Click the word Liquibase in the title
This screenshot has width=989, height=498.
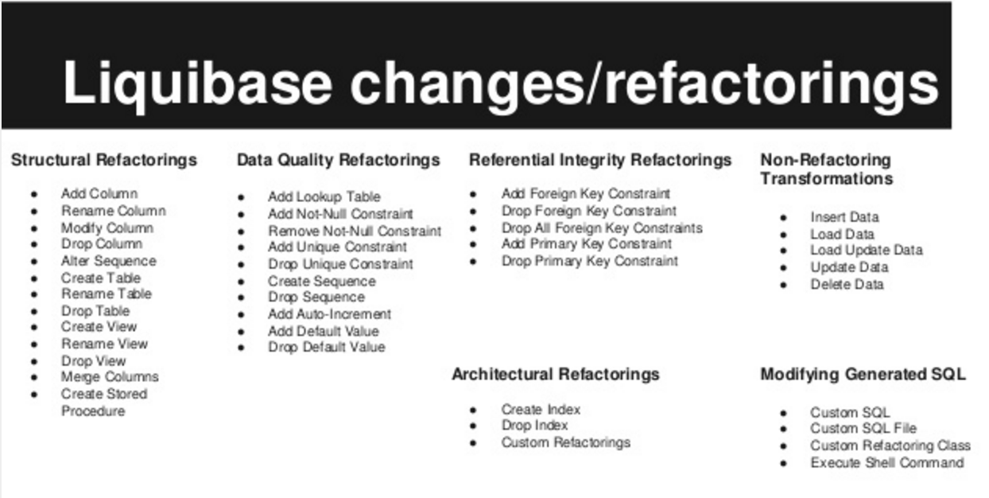click(197, 84)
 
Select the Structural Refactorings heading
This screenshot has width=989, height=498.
click(104, 160)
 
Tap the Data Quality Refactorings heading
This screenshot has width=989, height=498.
click(339, 160)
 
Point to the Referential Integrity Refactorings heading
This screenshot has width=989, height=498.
click(600, 160)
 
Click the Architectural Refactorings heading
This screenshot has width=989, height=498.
click(556, 374)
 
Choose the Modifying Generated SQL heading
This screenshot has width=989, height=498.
click(863, 375)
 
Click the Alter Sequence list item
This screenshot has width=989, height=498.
click(109, 261)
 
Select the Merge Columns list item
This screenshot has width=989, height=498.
click(110, 376)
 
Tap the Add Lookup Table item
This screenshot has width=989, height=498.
click(324, 196)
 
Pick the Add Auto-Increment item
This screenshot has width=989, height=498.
click(329, 314)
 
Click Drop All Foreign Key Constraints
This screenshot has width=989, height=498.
click(602, 228)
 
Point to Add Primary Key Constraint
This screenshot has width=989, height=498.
click(587, 244)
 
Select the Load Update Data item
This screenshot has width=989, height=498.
click(867, 250)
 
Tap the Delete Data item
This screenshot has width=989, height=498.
click(847, 284)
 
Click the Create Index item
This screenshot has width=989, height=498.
click(541, 410)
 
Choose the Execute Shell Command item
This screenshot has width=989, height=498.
click(887, 463)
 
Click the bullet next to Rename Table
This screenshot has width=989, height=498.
click(34, 294)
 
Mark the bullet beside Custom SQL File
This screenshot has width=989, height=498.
click(784, 429)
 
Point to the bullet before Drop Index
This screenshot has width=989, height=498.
click(473, 426)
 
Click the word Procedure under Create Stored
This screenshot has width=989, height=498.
click(93, 411)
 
